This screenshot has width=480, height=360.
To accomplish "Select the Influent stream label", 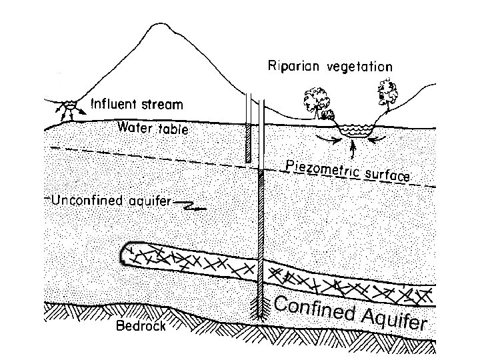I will point(136,105).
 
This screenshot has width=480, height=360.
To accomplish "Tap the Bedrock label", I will point(140,327).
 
